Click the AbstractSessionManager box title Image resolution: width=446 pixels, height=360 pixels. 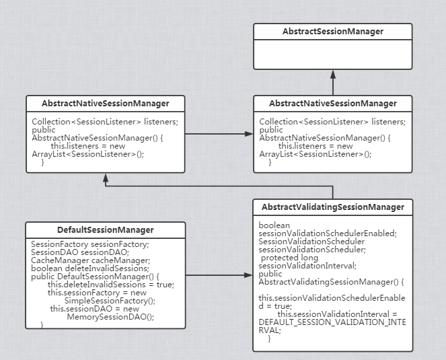click(332, 32)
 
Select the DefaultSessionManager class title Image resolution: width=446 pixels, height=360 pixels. click(105, 230)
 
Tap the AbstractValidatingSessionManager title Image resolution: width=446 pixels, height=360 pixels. click(332, 207)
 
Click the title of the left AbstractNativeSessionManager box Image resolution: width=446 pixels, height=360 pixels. click(105, 104)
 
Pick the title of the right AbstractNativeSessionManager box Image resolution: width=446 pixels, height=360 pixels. click(332, 104)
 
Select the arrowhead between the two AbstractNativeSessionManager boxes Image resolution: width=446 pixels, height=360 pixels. click(249, 134)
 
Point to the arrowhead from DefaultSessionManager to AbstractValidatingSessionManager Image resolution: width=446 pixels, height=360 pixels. click(249, 275)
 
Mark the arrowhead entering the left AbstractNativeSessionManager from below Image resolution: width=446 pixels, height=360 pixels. click(105, 177)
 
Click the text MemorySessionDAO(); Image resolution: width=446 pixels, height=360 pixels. click(110, 316)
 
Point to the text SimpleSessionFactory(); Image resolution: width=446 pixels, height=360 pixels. click(110, 300)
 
